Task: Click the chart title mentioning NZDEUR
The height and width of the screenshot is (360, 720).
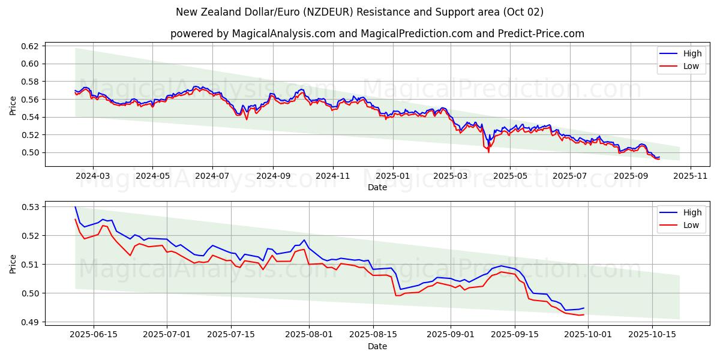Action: coord(360,12)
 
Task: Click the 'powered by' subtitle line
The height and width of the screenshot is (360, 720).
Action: coord(377,34)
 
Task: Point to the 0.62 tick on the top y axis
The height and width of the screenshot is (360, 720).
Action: coord(31,46)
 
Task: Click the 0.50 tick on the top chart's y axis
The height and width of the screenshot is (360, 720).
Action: coord(31,152)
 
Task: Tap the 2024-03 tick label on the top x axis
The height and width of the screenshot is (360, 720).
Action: coord(93,176)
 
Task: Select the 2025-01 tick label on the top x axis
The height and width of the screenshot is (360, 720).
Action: coord(393,176)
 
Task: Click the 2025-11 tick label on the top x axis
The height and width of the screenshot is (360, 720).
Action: coord(691,176)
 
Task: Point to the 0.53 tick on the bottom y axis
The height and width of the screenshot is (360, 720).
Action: coord(31,207)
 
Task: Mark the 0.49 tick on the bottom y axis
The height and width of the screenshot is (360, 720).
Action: coord(31,322)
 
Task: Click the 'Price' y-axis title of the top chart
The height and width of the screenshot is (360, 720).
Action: coord(13,105)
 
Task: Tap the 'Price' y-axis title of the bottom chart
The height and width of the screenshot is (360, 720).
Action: coord(13,264)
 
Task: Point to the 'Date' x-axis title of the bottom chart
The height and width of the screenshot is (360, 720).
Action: coord(377,346)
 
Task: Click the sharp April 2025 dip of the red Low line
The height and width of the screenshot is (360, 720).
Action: coord(488,151)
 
